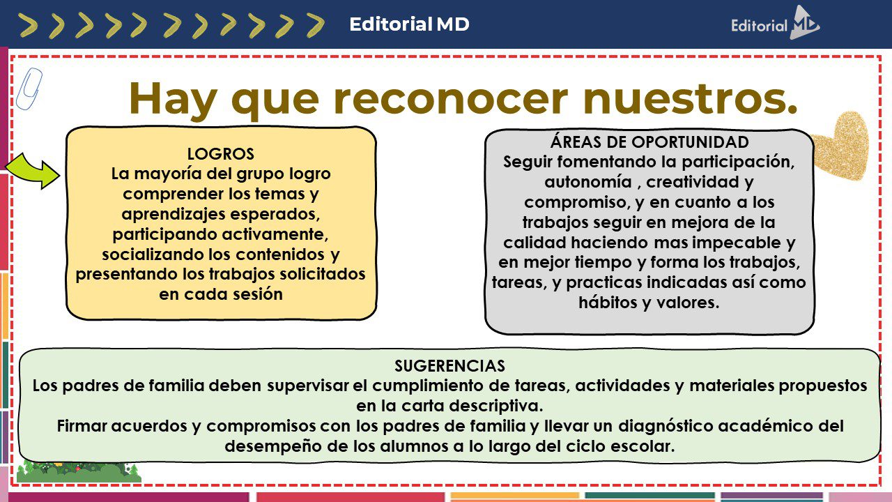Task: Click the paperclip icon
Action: pos(29,89)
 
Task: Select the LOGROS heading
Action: pos(221,154)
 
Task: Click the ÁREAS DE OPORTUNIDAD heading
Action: pos(649,142)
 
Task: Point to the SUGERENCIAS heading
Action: pos(449,366)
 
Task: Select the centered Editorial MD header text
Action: pos(409,24)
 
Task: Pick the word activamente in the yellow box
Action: pos(275,234)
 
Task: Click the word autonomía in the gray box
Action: pos(588,182)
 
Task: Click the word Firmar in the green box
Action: pos(82,426)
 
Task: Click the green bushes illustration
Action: pos(79,471)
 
